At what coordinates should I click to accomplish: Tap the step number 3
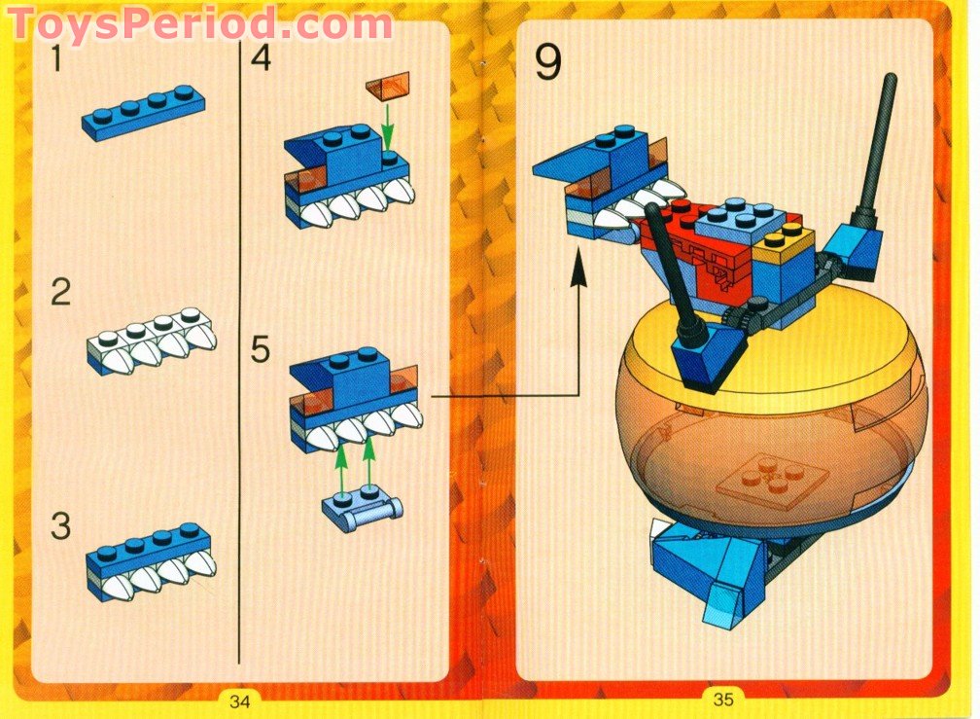[x=60, y=527]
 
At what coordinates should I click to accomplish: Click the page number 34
[x=239, y=700]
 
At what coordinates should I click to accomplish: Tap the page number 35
[x=722, y=700]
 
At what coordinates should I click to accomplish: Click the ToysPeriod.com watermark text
[x=199, y=21]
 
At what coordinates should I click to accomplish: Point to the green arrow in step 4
[x=389, y=126]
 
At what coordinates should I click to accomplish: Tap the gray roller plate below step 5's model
[x=363, y=507]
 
